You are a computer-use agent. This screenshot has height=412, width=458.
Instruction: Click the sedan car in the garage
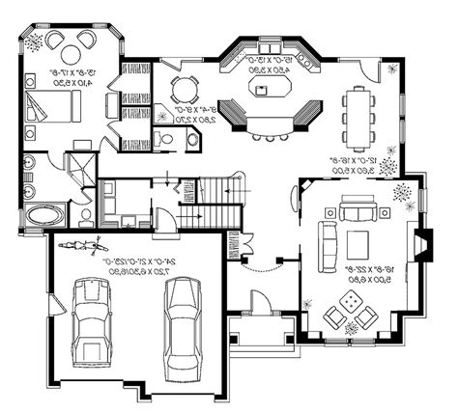(x=181, y=317)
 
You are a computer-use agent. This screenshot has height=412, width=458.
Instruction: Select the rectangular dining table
(x=359, y=111)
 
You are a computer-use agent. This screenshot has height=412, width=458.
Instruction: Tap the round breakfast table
(x=183, y=90)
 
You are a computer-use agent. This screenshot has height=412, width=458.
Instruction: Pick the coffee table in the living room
(x=358, y=241)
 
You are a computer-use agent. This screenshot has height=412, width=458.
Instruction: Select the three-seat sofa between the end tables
(x=358, y=207)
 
